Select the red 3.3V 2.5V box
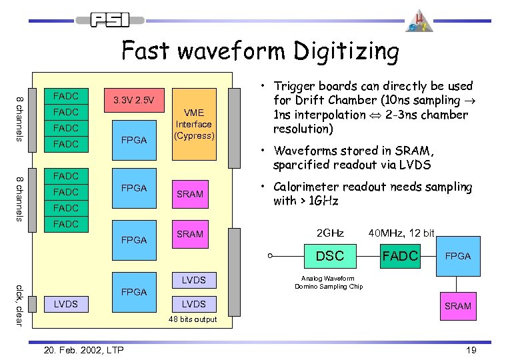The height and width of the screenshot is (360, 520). tap(134, 101)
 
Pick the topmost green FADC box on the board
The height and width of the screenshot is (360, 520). tap(66, 96)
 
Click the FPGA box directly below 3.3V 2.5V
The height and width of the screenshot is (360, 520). tap(134, 141)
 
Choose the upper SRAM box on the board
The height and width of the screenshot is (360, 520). tap(190, 194)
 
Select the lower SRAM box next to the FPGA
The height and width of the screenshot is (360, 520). tap(190, 234)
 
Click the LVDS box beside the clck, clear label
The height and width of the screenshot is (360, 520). tap(66, 304)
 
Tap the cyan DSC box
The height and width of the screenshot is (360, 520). tap(330, 256)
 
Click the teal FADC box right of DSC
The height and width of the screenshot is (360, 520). tap(400, 256)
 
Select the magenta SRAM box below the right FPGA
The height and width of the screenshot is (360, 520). tap(457, 306)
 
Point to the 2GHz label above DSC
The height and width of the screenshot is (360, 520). tap(330, 233)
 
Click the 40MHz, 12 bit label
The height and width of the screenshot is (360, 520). tap(401, 233)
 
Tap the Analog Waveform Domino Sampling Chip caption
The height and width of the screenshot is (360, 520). tap(327, 283)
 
